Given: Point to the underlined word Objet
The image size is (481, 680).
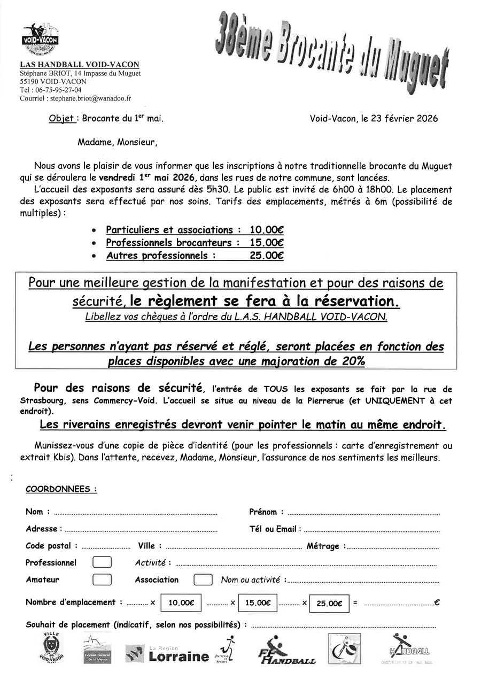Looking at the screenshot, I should tap(61, 119).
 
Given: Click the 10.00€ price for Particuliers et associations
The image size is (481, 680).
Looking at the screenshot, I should tap(267, 230).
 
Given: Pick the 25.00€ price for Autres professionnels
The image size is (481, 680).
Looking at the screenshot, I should tap(267, 256).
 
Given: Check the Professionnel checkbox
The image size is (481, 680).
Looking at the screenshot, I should tap(102, 562).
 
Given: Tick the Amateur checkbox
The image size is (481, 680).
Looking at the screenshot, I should tap(102, 579).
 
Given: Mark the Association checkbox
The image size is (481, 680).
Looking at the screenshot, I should tap(203, 579).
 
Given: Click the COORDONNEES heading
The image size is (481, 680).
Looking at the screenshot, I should tap(61, 489).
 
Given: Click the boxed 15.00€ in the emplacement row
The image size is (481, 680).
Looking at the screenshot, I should tap(258, 602).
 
